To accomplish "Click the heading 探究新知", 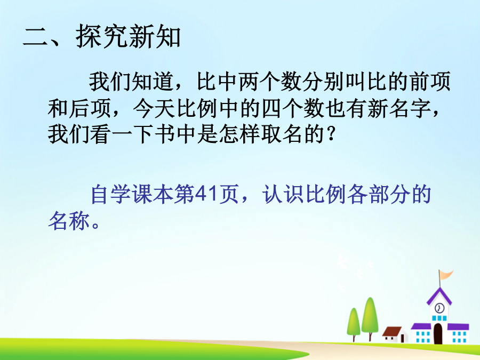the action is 129,37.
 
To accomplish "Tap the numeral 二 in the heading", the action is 36,37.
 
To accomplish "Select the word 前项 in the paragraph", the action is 430,82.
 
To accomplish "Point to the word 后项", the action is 90,108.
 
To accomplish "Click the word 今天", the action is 154,108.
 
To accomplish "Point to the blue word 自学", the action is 111,194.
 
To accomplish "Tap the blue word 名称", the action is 69,221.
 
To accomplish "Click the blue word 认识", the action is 283,194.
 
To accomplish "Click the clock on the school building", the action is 439,308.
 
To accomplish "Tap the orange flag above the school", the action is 446,274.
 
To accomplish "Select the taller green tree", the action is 370,318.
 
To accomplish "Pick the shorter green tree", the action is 354,324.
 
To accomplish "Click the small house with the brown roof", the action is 395,334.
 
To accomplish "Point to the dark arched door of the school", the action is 438,333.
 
